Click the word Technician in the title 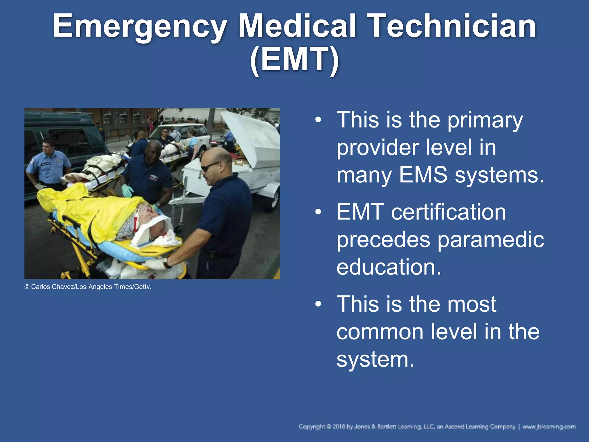coord(452,26)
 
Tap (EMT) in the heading coord(294,60)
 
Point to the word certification coord(448,212)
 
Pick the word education coord(389,267)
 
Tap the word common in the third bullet coord(380,331)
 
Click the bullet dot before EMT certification coord(318,212)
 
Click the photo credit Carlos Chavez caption coord(88,287)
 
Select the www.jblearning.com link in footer coord(549,427)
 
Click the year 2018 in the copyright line coord(339,427)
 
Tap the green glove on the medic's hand coord(127,190)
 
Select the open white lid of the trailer coord(253,138)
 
